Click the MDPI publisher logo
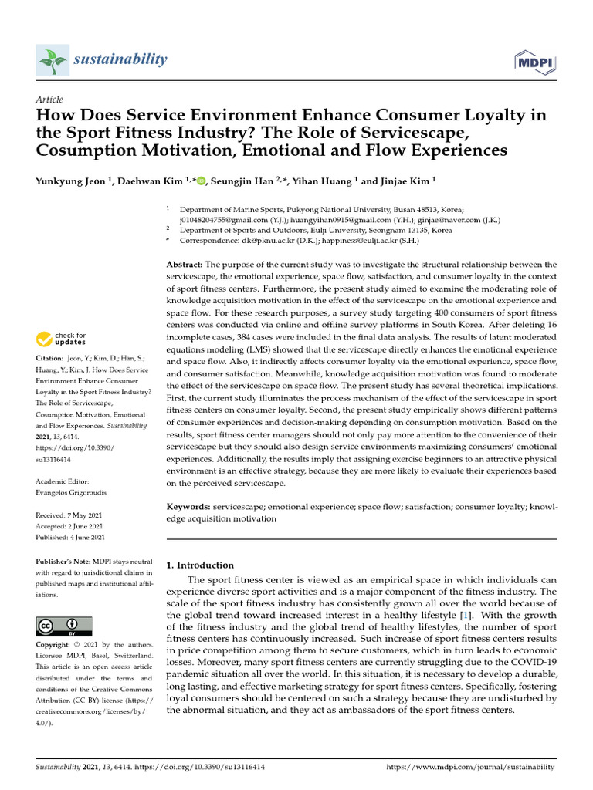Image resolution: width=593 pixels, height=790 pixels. [x=533, y=60]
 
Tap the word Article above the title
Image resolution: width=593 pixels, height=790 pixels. [x=49, y=100]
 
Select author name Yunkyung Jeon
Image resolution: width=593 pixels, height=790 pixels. [x=72, y=181]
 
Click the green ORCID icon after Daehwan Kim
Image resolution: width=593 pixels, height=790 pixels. [x=202, y=182]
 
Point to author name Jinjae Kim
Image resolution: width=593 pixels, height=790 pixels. [x=406, y=181]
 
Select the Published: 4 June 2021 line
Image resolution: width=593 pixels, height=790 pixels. [x=71, y=537]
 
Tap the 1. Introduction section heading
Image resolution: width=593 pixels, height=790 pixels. [x=200, y=565]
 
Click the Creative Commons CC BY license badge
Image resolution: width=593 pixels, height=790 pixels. [x=64, y=626]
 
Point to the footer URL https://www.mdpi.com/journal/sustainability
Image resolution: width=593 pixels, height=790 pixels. [x=469, y=767]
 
